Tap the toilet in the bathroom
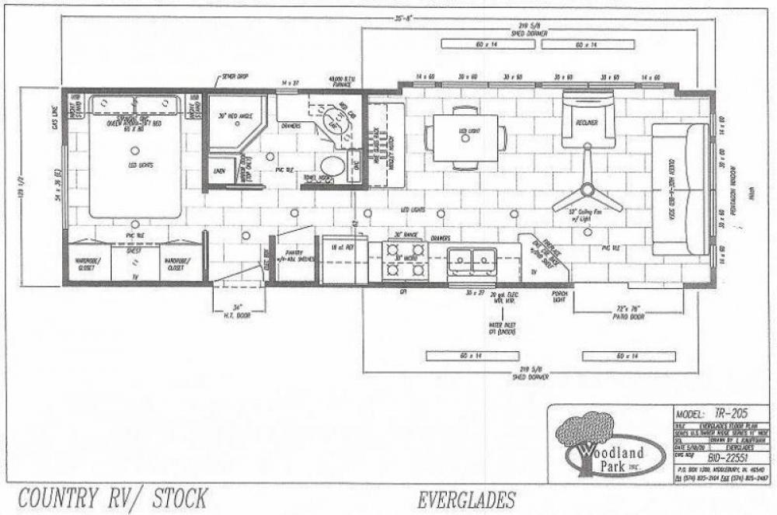coord(333,166)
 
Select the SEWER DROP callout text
coord(232,76)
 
